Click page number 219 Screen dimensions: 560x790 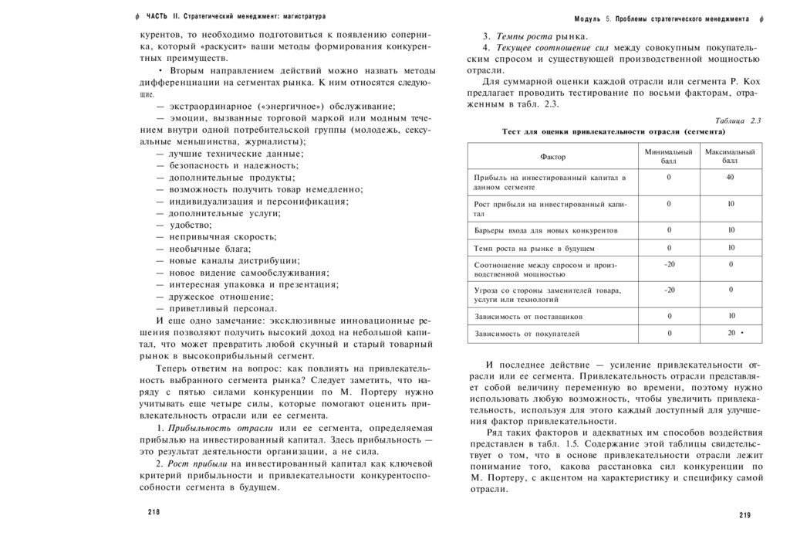pos(744,515)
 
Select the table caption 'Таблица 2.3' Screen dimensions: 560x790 pos(738,120)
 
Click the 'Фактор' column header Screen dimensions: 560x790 pos(552,157)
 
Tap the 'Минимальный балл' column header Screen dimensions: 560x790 pos(668,157)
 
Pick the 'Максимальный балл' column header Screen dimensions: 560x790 pos(730,157)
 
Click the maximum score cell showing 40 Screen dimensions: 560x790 pos(730,178)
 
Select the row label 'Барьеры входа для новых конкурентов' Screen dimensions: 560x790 pos(545,230)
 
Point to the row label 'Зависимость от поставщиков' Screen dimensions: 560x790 pos(528,316)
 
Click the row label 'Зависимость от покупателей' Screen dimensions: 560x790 pos(527,334)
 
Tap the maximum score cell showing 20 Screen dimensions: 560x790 pos(731,333)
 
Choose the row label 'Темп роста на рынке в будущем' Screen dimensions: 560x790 pos(534,248)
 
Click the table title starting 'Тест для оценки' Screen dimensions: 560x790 pos(615,131)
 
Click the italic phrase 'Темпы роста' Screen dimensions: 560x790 pos(524,36)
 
